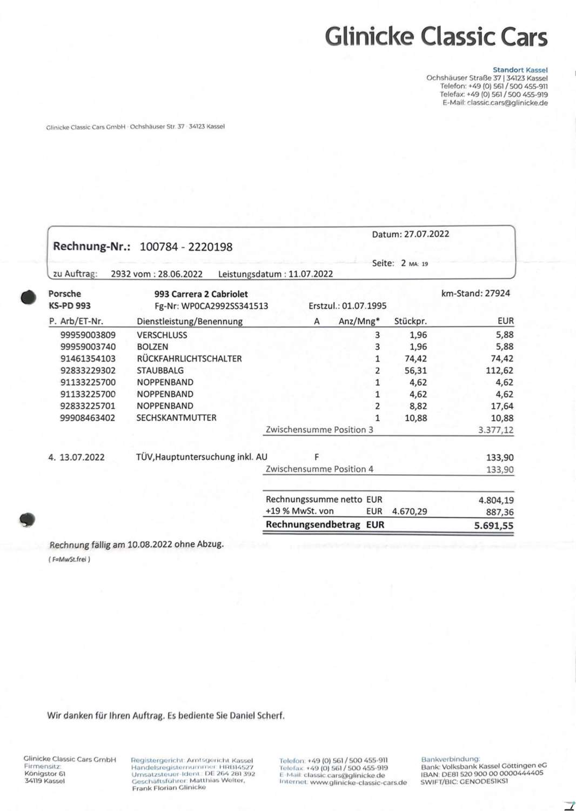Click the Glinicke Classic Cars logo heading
coord(436,37)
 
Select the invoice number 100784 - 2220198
coord(186,247)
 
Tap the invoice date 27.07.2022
coord(426,234)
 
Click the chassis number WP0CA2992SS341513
coord(224,306)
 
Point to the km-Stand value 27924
coord(497,294)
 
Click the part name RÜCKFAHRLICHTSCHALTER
coord(189,358)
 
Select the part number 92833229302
coord(88,370)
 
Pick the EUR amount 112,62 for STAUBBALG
coord(499,370)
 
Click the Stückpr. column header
coord(410,321)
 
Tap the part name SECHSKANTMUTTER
coord(176,418)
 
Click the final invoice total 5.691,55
coord(493,526)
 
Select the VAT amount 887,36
coord(500,512)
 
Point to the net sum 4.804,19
coord(495,500)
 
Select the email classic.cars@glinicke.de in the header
coord(507,103)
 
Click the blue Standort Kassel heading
coord(520,70)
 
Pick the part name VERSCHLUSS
coord(162,335)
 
